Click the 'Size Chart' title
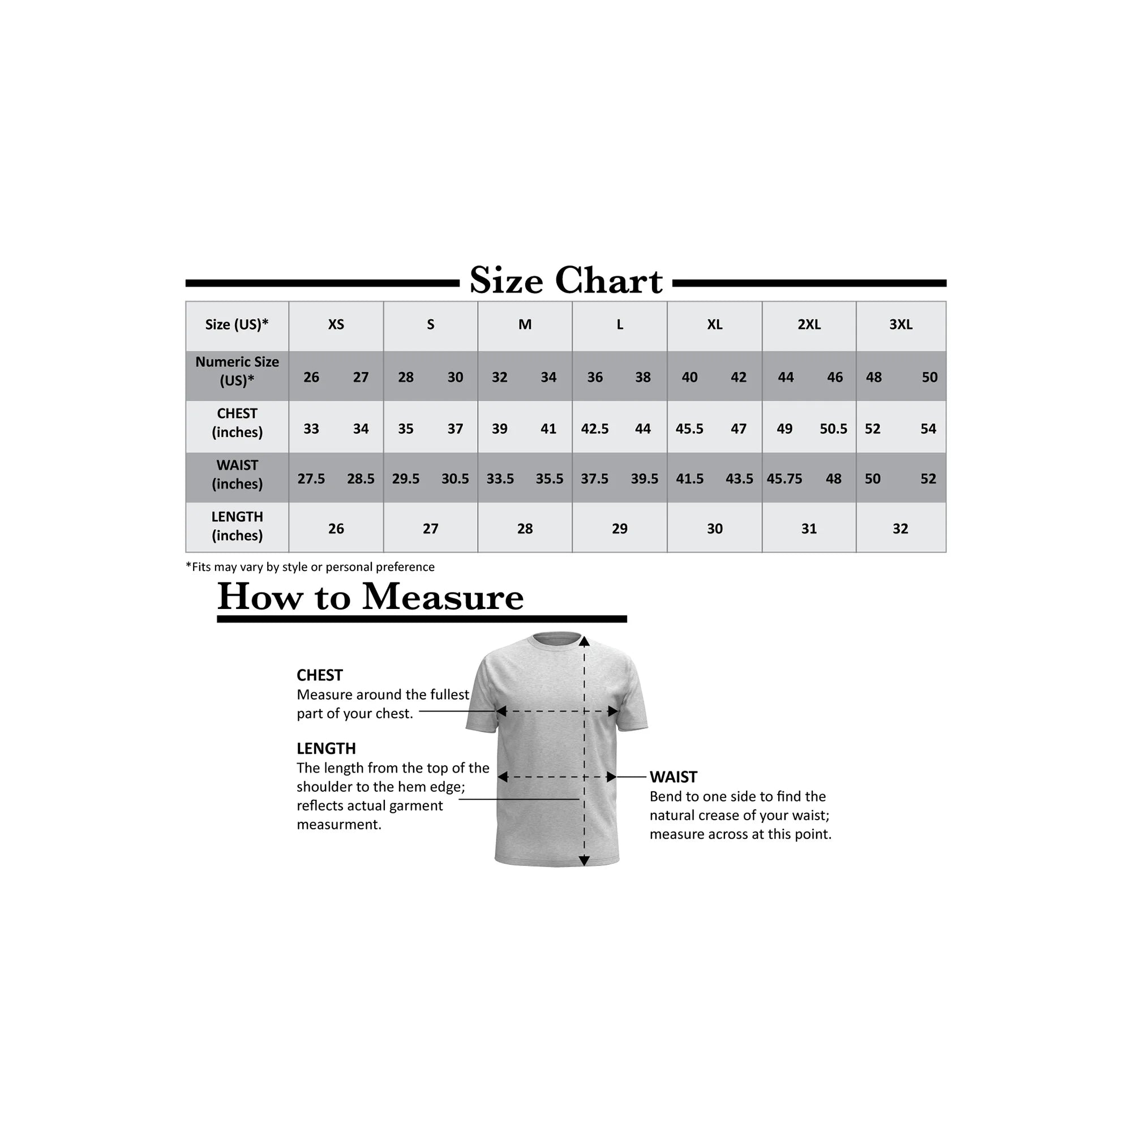(x=565, y=281)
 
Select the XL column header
(x=714, y=324)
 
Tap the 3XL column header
(x=901, y=324)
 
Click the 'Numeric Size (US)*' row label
(x=237, y=371)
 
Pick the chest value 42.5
(x=595, y=429)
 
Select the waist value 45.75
(x=784, y=479)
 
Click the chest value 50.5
(x=833, y=429)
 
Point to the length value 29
(x=619, y=529)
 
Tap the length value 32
(x=900, y=529)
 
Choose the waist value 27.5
(x=311, y=479)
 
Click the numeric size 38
(x=643, y=378)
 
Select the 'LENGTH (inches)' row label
(x=237, y=526)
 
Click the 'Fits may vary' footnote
(x=310, y=567)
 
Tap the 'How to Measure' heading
(x=370, y=597)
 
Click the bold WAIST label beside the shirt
(x=673, y=777)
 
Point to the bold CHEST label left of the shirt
(x=319, y=675)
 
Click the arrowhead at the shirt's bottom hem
(x=584, y=860)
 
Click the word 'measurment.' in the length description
(x=338, y=825)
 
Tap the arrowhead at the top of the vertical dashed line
(x=584, y=642)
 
